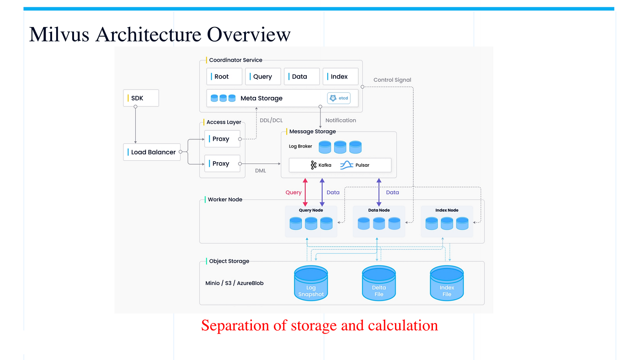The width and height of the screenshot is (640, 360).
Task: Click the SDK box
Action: [141, 98]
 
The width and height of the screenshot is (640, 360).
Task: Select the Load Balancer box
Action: [152, 152]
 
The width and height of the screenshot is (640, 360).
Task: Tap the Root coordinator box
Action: [224, 76]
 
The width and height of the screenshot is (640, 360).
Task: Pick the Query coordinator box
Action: [263, 76]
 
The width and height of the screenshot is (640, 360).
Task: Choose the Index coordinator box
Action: [340, 76]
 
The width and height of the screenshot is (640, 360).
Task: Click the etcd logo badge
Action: [339, 98]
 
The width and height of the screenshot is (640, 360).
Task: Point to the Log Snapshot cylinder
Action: [311, 283]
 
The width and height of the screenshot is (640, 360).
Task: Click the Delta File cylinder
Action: [379, 283]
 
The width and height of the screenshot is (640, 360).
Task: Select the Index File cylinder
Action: [447, 283]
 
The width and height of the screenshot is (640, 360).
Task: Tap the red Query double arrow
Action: [305, 192]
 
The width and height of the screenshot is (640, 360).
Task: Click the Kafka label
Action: [325, 165]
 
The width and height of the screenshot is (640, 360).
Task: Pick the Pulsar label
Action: [362, 165]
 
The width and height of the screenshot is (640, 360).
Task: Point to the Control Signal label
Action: [392, 80]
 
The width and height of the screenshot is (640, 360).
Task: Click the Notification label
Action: [341, 120]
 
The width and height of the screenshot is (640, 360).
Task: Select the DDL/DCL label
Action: [271, 121]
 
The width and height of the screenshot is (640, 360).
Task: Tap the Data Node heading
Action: [379, 210]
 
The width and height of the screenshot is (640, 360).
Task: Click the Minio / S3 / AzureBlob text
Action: [234, 283]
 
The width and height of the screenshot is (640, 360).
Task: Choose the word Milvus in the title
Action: [59, 34]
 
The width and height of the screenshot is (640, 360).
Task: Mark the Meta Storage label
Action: [261, 98]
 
